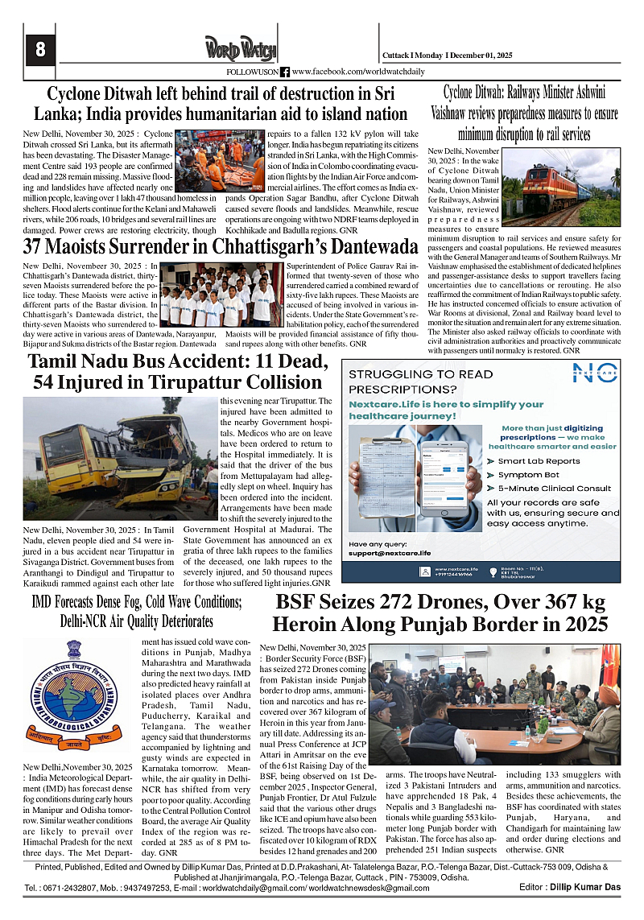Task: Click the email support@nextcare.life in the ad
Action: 390,553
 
